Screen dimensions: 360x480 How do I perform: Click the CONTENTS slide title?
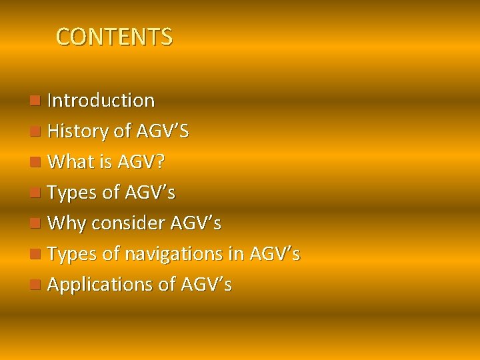pyautogui.click(x=114, y=37)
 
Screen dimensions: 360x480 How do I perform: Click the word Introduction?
pyautogui.click(x=101, y=101)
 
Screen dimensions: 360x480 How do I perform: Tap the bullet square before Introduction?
pyautogui.click(x=35, y=101)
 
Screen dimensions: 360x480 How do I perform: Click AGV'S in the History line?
pyautogui.click(x=162, y=131)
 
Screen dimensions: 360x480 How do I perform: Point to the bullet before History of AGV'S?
pyautogui.click(x=35, y=131)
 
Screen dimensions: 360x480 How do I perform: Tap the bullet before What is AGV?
pyautogui.click(x=35, y=162)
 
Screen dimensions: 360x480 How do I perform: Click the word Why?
pyautogui.click(x=67, y=223)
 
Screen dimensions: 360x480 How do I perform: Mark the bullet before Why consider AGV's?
pyautogui.click(x=35, y=223)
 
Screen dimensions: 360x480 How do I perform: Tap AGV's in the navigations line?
pyautogui.click(x=274, y=254)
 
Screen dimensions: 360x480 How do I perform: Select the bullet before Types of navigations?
pyautogui.click(x=35, y=254)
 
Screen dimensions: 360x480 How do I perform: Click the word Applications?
pyautogui.click(x=101, y=285)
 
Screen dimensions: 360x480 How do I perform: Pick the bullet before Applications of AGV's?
pyautogui.click(x=35, y=285)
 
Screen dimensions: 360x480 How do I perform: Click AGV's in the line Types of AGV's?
pyautogui.click(x=149, y=193)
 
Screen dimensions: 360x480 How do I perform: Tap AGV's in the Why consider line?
pyautogui.click(x=195, y=223)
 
